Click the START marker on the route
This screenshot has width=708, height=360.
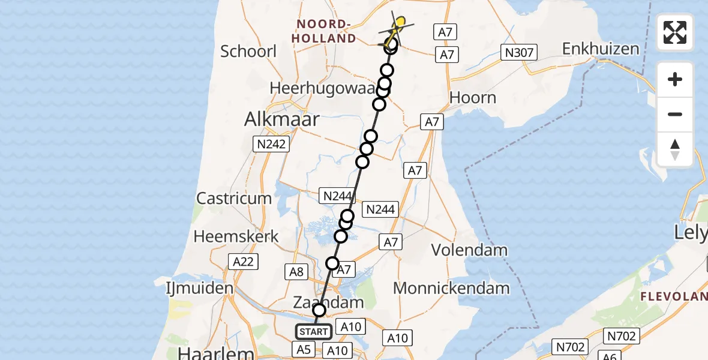(x=313, y=332)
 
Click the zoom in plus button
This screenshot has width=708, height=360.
(x=675, y=79)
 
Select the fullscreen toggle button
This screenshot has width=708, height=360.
(x=675, y=32)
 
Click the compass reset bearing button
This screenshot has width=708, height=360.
(x=675, y=149)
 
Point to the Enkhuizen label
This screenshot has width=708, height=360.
(x=601, y=49)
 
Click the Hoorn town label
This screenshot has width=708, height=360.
(x=473, y=98)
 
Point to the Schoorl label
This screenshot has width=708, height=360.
(x=248, y=51)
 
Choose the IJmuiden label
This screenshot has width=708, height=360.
(x=200, y=289)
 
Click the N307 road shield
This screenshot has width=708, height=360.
(x=518, y=53)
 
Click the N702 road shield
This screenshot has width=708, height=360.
(x=570, y=346)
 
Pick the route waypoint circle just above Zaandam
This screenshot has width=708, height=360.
(x=319, y=310)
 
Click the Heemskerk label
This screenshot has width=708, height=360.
(x=236, y=236)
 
